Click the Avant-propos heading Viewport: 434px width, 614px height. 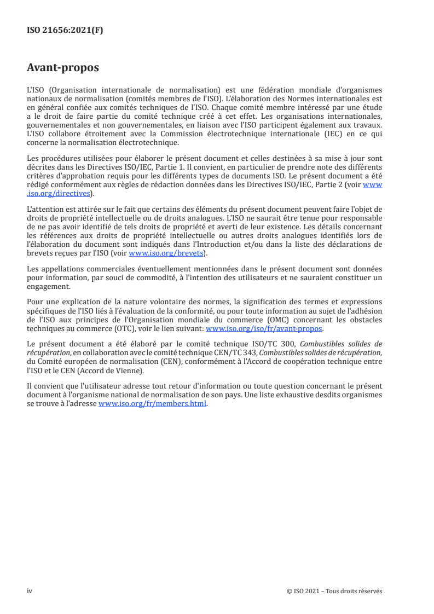(x=63, y=68)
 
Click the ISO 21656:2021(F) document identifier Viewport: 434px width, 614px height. (x=65, y=31)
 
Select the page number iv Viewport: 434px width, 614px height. (x=30, y=591)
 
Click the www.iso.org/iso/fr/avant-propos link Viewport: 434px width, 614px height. (x=264, y=329)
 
